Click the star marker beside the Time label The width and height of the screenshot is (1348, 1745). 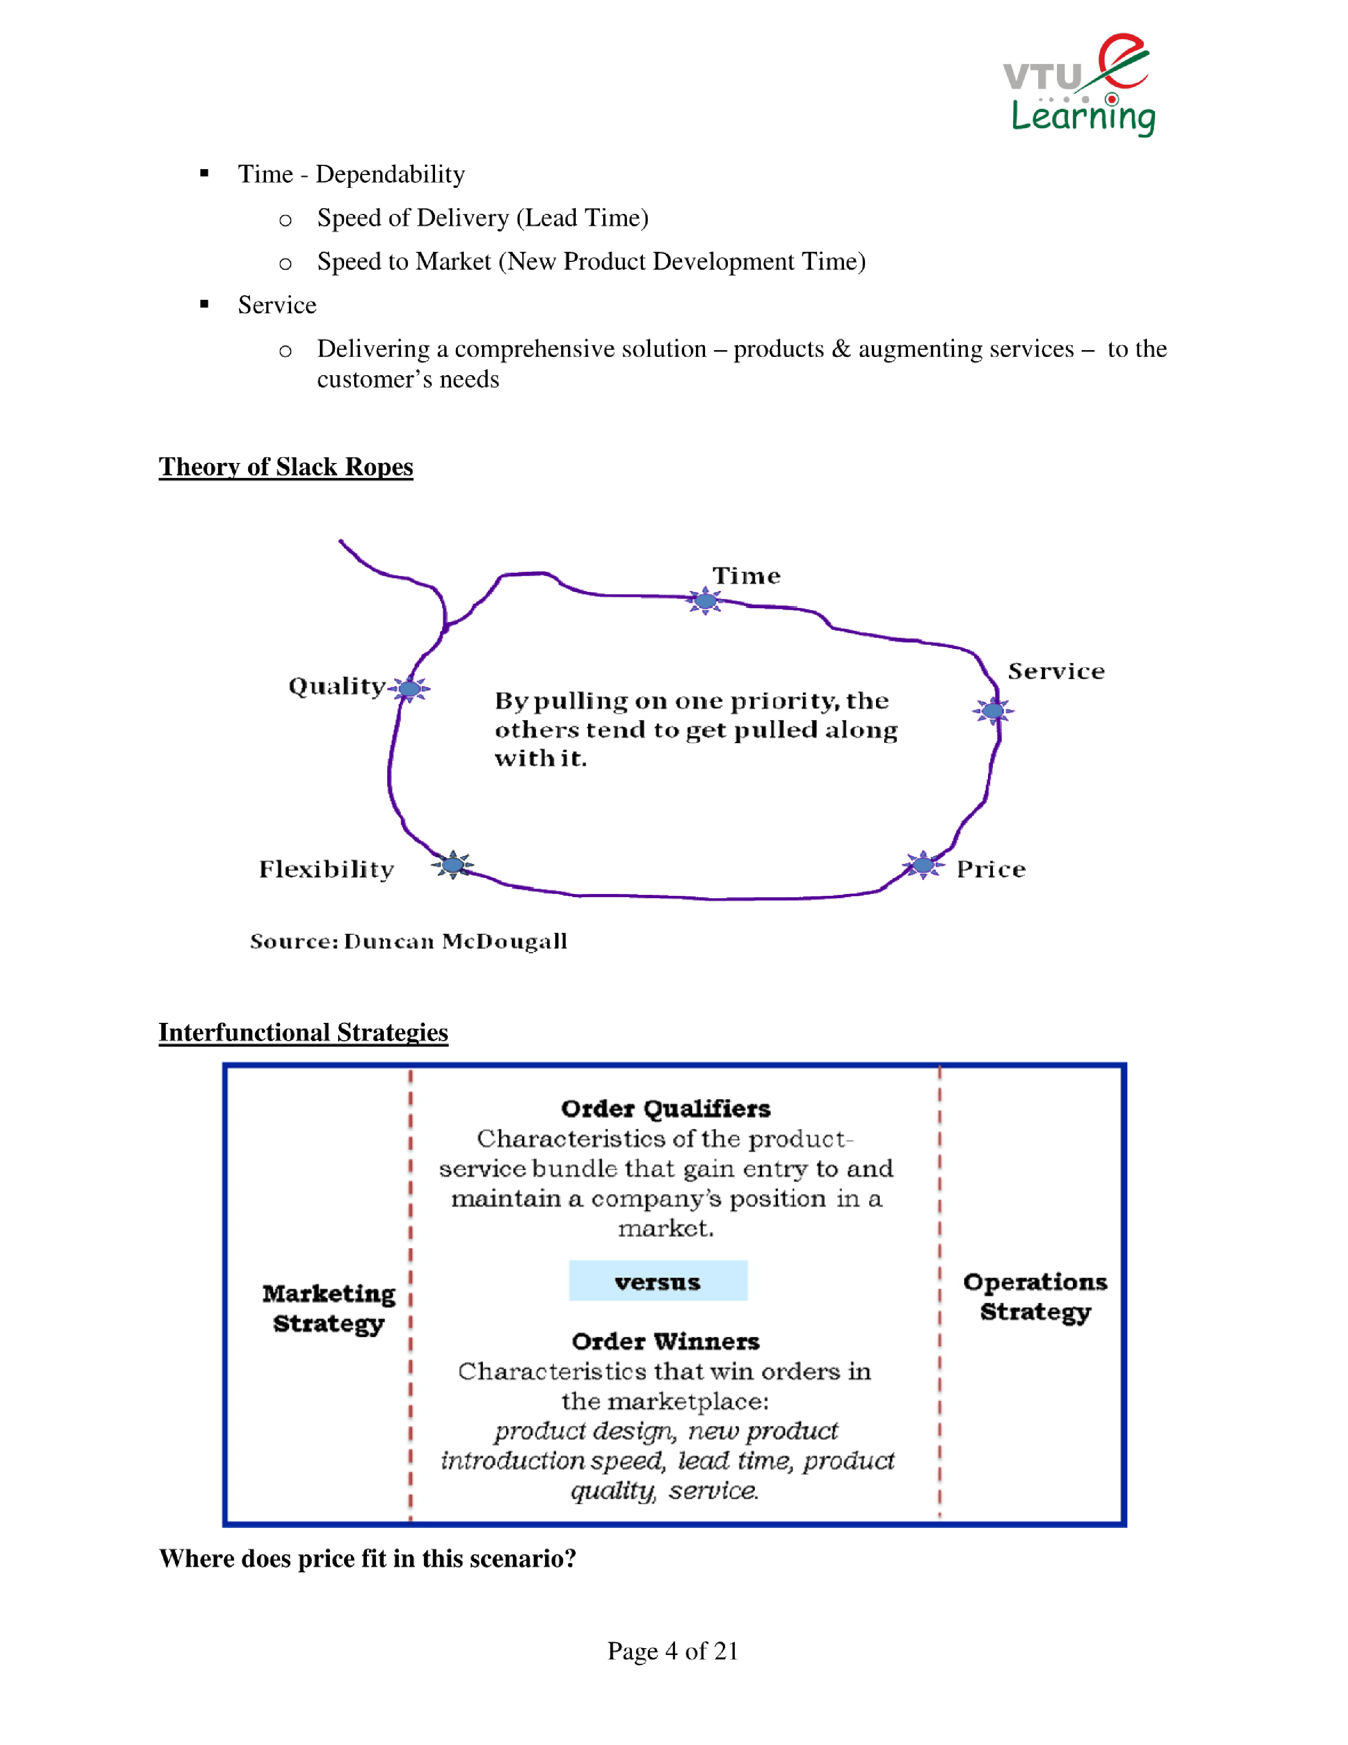[x=705, y=600]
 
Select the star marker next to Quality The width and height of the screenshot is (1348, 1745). [x=410, y=688]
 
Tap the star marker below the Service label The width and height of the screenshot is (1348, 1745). [x=993, y=710]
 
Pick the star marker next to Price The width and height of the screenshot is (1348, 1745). [x=923, y=865]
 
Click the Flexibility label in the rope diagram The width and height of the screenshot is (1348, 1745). [x=326, y=869]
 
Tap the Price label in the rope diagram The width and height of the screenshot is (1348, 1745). [x=991, y=869]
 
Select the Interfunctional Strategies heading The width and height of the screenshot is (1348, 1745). [x=303, y=1032]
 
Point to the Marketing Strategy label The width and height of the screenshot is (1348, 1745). [x=329, y=1308]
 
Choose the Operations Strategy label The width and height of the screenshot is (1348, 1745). [x=1035, y=1296]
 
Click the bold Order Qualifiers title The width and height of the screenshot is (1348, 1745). [x=666, y=1108]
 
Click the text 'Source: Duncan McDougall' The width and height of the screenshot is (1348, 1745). [x=409, y=941]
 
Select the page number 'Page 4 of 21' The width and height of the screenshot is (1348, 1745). [x=673, y=1651]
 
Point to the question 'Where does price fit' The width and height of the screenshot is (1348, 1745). [x=367, y=1559]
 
